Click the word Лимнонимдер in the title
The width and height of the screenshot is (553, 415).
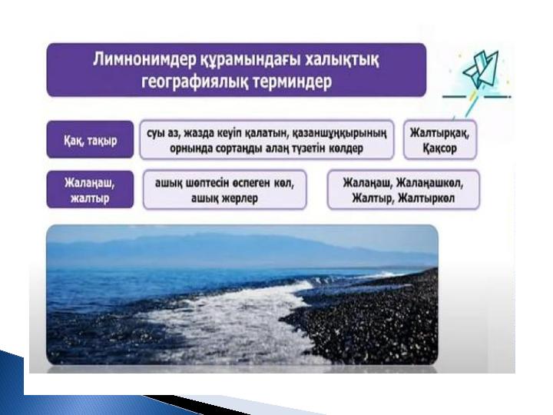144,60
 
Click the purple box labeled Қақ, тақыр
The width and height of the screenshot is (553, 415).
91,139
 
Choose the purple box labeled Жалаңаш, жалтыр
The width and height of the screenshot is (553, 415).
91,190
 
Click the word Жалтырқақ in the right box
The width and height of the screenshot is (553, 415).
439,133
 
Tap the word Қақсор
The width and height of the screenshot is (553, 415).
439,148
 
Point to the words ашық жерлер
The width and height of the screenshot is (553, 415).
224,198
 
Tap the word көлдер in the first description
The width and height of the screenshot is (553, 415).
346,148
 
